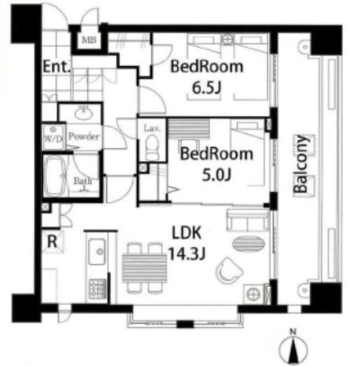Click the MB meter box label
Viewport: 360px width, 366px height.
point(89,39)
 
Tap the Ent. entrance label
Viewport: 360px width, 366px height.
point(57,67)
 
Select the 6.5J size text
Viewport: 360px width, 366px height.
point(207,88)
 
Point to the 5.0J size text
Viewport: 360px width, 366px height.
point(217,175)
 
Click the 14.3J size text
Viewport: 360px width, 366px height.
point(187,253)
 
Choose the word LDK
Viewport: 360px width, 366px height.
point(186,233)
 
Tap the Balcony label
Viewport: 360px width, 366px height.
point(300,164)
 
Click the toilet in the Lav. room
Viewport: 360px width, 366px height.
point(152,148)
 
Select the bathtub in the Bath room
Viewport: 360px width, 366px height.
point(56,176)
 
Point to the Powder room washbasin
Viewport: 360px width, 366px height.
point(84,113)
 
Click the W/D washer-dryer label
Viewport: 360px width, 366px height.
point(53,139)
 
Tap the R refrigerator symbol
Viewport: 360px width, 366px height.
point(52,241)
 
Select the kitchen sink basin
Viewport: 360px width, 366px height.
point(97,251)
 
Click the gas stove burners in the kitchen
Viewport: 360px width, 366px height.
point(97,289)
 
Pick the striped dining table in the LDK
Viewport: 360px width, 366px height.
point(144,267)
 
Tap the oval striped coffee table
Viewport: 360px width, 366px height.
point(248,244)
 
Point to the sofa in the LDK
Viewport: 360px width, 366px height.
point(247,220)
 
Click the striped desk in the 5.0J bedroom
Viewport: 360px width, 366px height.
point(189,130)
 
